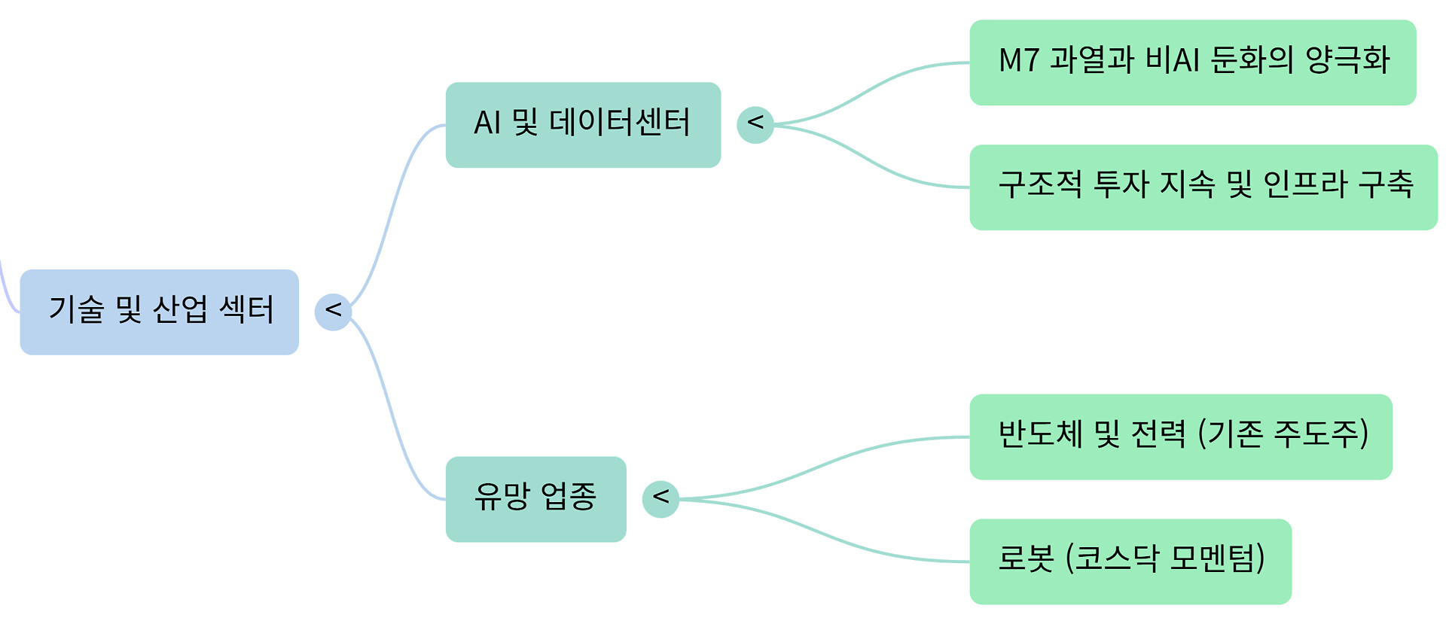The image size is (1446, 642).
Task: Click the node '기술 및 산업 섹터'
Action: [x=159, y=312]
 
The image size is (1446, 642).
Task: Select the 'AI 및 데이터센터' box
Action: [x=583, y=125]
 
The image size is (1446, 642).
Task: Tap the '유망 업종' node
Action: [x=535, y=499]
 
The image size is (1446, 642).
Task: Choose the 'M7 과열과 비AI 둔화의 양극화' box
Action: [x=1192, y=62]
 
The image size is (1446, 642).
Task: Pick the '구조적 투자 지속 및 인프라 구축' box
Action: [x=1203, y=187]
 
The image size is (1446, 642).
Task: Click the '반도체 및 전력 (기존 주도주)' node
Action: [x=1180, y=437]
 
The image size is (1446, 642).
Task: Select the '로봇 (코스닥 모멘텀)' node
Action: [x=1130, y=561]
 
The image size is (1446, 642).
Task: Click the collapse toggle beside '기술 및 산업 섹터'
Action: [x=333, y=312]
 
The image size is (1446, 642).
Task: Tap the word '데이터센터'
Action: [x=619, y=123]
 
